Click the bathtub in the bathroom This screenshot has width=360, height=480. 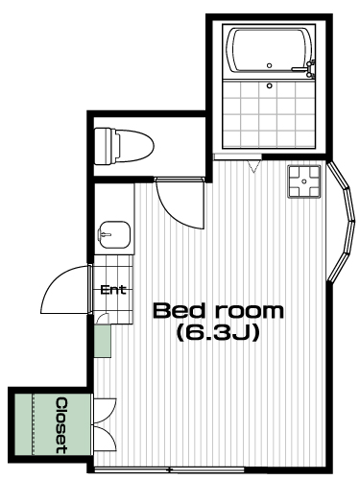269,51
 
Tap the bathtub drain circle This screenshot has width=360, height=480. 270,65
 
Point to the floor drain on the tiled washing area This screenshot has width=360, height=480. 270,85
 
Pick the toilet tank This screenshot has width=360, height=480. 104,146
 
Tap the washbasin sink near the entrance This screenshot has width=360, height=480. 114,234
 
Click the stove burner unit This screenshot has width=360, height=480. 304,181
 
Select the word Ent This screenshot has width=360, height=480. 113,290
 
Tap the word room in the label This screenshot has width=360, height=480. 249,311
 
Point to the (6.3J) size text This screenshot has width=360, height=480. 217,333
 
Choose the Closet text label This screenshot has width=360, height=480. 61,425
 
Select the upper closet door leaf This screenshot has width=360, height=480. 105,411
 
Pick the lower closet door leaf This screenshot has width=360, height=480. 105,439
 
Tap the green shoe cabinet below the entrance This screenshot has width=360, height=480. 103,341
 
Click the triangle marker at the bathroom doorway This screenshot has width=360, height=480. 253,167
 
